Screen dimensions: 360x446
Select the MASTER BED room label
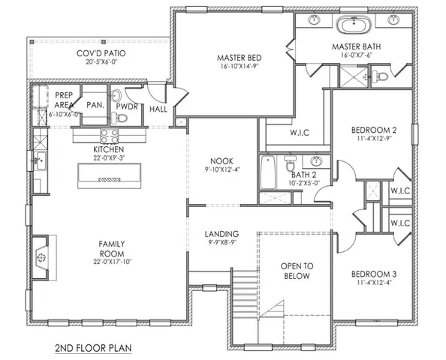[x=237, y=57]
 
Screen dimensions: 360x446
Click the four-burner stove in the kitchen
[x=109, y=136]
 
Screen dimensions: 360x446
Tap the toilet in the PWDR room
[x=117, y=97]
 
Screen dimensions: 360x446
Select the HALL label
[x=158, y=109]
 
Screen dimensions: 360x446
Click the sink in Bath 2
[x=316, y=161]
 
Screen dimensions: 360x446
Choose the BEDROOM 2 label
[x=374, y=130]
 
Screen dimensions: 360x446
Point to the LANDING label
[x=222, y=233]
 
